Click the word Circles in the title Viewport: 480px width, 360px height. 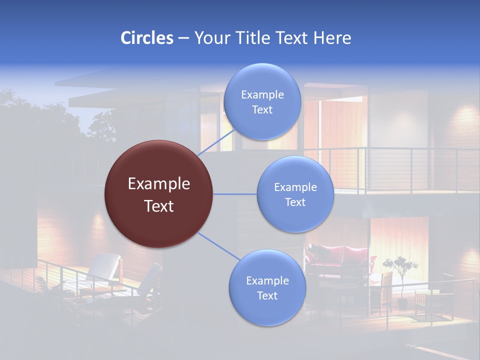(147, 38)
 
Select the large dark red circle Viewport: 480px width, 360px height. (158, 194)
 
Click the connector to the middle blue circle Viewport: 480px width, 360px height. (234, 194)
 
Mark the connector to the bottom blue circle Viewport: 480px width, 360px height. (218, 246)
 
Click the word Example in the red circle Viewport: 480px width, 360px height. (159, 184)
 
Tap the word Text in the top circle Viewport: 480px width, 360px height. (262, 110)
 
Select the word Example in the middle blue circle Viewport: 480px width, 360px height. (295, 187)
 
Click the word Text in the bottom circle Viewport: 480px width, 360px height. (267, 296)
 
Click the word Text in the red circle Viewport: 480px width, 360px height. (159, 206)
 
